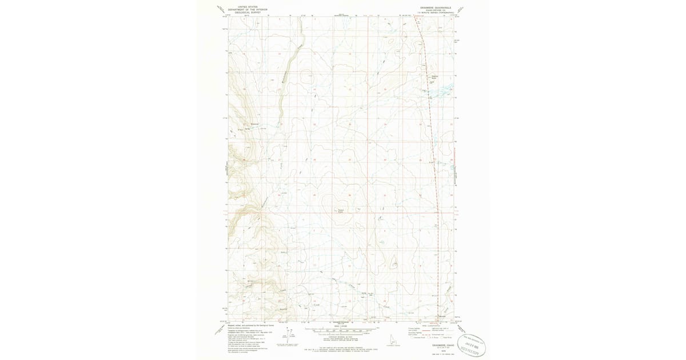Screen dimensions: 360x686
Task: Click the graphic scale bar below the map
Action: (x=341, y=330)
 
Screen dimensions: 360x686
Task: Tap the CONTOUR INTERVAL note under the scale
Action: (x=341, y=338)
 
